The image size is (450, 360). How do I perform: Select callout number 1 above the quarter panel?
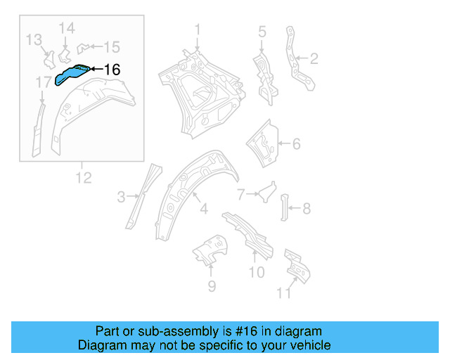coord(198,30)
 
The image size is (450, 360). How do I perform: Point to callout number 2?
coord(314,58)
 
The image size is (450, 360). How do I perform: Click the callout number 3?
coord(262,31)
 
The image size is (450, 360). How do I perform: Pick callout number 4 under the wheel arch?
coord(296,144)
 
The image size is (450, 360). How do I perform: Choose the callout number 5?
coord(241,193)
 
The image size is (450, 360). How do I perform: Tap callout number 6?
coord(307,208)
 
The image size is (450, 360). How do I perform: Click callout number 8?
coord(257,272)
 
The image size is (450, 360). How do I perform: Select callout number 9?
coord(283,292)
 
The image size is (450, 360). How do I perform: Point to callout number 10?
coord(83,178)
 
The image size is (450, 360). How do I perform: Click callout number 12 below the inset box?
coord(66,28)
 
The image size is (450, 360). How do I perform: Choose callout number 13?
coord(112,47)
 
